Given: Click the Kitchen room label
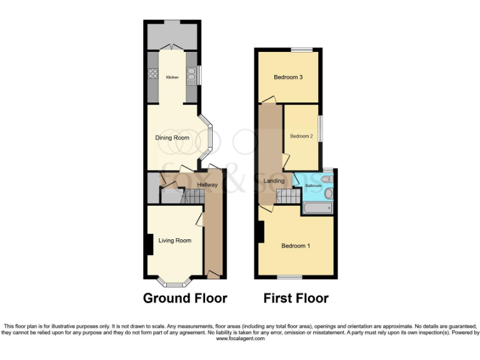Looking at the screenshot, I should coord(172,77).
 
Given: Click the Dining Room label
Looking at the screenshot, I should coord(172,137).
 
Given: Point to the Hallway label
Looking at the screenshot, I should coord(207,185).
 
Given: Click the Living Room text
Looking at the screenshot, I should coord(174,240).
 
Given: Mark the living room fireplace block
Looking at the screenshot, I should coord(150,244).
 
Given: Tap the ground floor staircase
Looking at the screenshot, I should coord(190,197).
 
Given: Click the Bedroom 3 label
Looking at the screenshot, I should coord(288,77).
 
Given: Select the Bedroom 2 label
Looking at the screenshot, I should coord(301,136).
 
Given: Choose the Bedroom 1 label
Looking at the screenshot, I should coord(296,246).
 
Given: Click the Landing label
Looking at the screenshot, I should coord(274,181).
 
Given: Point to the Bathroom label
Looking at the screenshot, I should coord(312,186).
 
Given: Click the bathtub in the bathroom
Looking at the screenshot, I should coord(317,207).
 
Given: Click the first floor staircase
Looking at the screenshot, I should coord(288,197).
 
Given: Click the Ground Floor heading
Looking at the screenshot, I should coord(185,298).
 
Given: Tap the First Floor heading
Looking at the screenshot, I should coord(296,298).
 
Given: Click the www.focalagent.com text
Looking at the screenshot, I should coord(239,338).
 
